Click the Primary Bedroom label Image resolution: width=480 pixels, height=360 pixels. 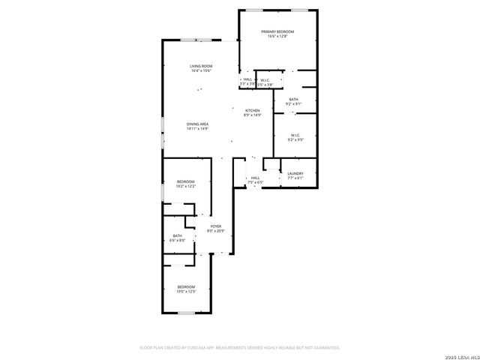click(x=277, y=31)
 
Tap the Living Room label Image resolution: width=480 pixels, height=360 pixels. click(x=201, y=66)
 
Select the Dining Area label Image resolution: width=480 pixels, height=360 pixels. click(x=198, y=124)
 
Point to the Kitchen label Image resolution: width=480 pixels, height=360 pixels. click(x=252, y=110)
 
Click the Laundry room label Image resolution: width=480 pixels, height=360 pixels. click(x=295, y=173)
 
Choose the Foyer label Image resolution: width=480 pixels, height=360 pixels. click(x=216, y=226)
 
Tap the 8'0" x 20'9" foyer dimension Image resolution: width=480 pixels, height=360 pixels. click(x=216, y=231)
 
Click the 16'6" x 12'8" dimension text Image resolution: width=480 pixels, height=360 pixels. click(x=277, y=37)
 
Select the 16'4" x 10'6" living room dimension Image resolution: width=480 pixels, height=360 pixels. click(x=201, y=71)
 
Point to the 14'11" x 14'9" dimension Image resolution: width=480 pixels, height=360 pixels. click(x=198, y=129)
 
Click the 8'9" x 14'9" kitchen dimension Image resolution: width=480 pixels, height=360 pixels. click(x=252, y=115)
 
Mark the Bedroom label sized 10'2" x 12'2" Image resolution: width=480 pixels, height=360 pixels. click(x=186, y=181)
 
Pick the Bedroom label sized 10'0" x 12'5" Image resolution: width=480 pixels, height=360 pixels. click(x=186, y=286)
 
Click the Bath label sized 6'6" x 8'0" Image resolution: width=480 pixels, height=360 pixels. click(x=178, y=235)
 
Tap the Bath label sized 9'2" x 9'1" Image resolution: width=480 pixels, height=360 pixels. click(x=294, y=99)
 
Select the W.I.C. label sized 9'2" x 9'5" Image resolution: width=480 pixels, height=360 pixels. click(x=295, y=135)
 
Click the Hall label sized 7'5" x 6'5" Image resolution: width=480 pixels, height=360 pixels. click(x=255, y=178)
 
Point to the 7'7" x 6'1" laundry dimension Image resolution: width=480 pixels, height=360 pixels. click(x=295, y=178)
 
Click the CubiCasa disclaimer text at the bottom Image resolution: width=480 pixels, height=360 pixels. click(x=240, y=348)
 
